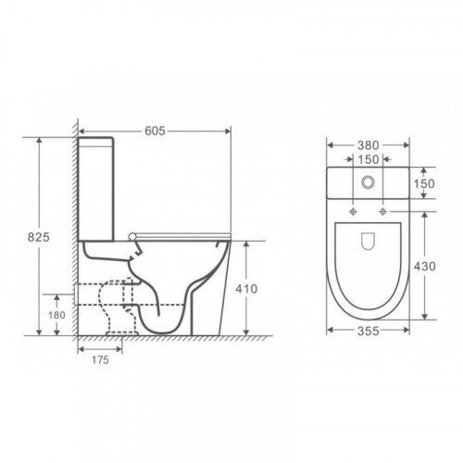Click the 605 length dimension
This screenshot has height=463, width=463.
coord(155,131)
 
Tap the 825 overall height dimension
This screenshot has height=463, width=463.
coord(39,237)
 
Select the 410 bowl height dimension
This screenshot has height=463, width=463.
coord(246,289)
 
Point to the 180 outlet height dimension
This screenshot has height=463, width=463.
coord(56,315)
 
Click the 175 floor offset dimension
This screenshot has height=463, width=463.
coord(100,359)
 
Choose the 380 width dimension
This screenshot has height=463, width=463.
coord(368,145)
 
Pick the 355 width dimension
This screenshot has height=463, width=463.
coord(368,331)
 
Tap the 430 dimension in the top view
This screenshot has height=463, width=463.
coord(424,266)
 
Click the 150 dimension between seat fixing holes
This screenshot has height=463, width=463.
coord(368,159)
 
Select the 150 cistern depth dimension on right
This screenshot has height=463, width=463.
coord(424,183)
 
